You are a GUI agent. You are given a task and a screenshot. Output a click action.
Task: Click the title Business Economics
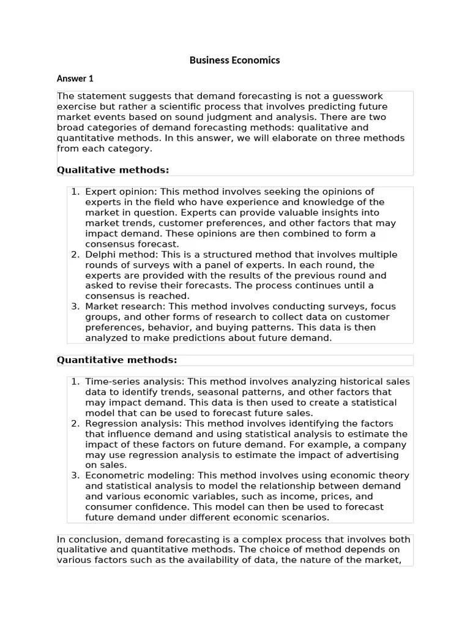(234, 60)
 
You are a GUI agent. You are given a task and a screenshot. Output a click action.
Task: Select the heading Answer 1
(75, 78)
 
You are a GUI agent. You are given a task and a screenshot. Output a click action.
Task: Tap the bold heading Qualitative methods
(113, 170)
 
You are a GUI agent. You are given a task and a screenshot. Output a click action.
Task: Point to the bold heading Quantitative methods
(117, 360)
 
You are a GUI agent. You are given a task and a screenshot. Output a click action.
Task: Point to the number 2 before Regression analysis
(75, 424)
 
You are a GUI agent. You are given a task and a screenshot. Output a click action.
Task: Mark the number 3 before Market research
(75, 307)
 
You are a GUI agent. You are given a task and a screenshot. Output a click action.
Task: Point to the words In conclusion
(85, 539)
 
